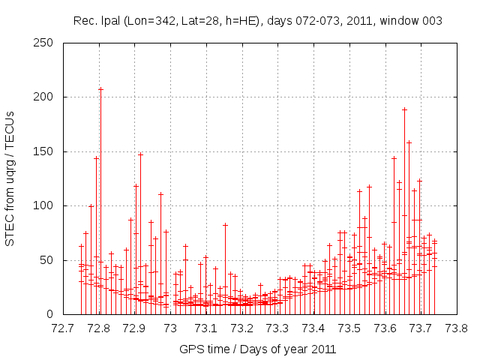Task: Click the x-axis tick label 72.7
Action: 63,328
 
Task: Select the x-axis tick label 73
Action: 170,328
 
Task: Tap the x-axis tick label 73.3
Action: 277,328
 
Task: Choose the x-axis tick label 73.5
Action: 349,328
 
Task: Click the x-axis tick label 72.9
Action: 134,328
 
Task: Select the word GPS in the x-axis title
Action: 190,349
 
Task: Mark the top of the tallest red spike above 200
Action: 100,88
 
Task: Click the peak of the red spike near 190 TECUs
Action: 404,109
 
